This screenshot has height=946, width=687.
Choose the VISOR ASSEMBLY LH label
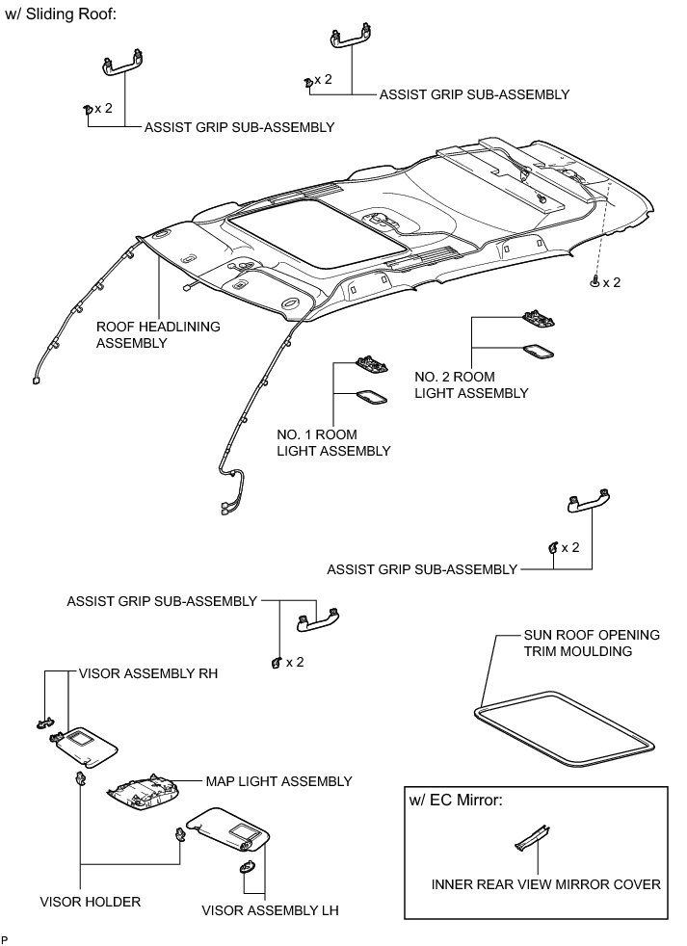[x=270, y=909]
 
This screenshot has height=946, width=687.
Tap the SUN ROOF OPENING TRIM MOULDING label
[x=592, y=643]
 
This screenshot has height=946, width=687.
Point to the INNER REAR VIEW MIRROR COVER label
[x=546, y=882]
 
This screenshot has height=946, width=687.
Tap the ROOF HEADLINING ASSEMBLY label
[x=158, y=334]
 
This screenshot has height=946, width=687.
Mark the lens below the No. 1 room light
[x=371, y=395]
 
